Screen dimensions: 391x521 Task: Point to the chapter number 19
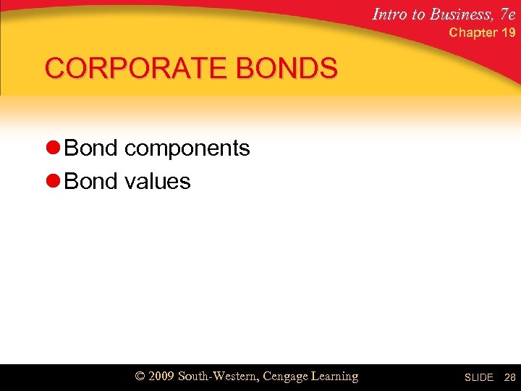(x=508, y=33)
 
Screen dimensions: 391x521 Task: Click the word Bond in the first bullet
(x=90, y=148)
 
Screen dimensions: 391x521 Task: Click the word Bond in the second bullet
(x=90, y=180)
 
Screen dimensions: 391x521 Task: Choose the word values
(x=157, y=181)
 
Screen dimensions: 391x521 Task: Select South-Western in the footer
(x=217, y=377)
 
